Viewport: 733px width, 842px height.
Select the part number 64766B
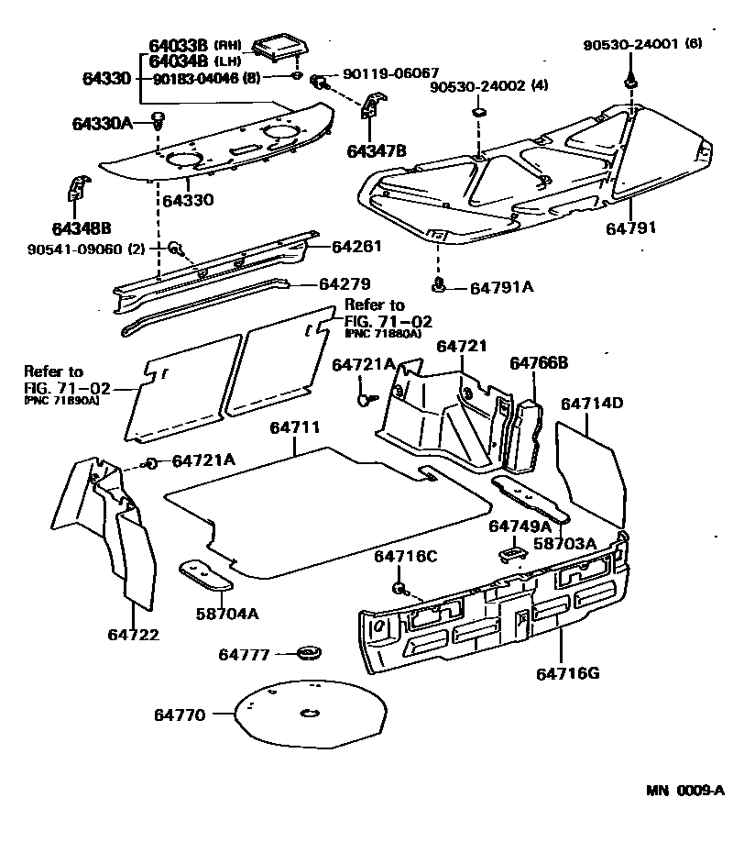539,363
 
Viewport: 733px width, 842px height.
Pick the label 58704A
226,614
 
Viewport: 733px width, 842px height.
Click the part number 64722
133,635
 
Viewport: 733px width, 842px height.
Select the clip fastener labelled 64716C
399,587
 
